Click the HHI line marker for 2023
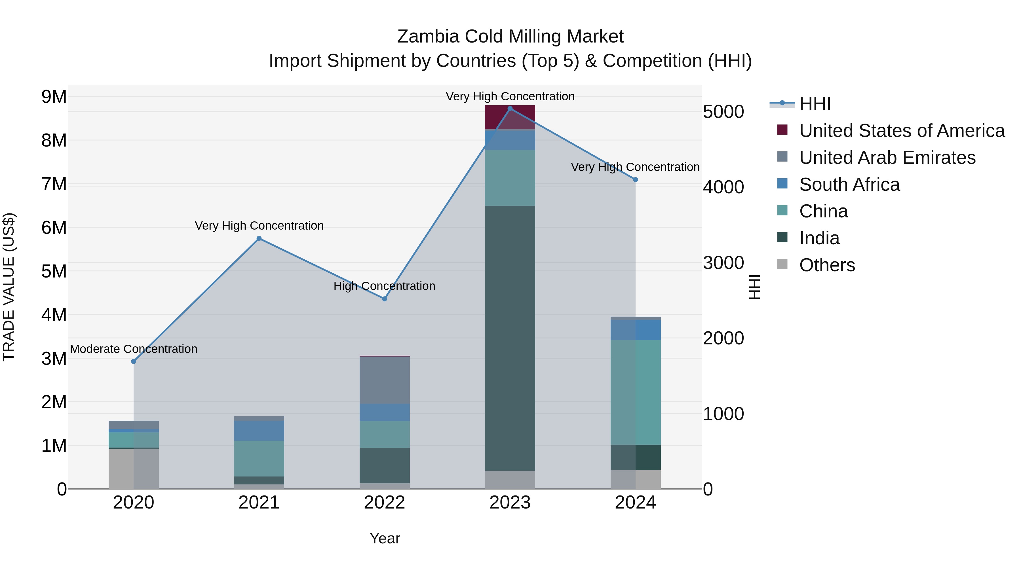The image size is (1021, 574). [x=510, y=109]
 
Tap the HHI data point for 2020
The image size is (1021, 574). [x=134, y=361]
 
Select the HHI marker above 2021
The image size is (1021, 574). [x=259, y=238]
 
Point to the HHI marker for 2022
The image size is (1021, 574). [x=385, y=299]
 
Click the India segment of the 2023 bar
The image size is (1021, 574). [x=510, y=337]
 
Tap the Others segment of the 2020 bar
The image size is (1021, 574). [x=134, y=468]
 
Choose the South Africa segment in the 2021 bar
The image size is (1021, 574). [x=259, y=431]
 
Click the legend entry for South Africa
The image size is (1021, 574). [x=849, y=185]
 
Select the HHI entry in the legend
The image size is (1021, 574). [x=815, y=104]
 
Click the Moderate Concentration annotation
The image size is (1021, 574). [x=134, y=349]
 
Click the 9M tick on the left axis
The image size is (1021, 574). [x=54, y=97]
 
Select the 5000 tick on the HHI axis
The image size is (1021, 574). [x=723, y=112]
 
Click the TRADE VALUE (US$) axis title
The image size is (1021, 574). [x=9, y=287]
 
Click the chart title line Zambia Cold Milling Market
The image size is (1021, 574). [x=510, y=37]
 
